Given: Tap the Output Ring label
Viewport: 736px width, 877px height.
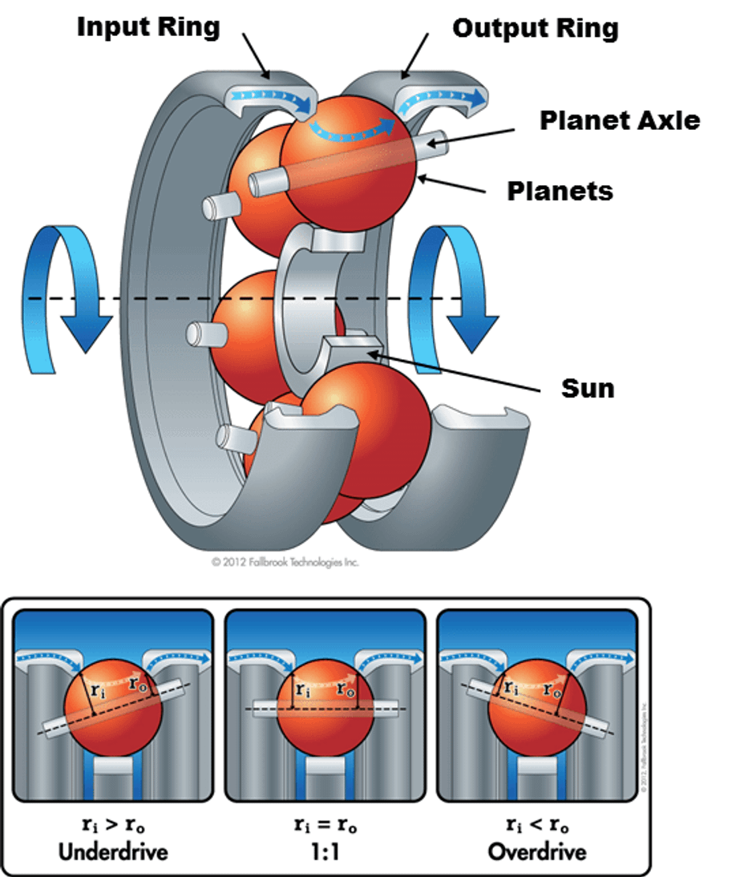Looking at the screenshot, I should tap(535, 29).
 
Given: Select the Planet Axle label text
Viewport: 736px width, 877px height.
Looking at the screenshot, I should tap(619, 120).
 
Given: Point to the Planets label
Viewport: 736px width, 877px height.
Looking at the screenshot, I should tap(560, 191).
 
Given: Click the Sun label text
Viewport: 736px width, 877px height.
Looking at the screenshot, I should tap(587, 389).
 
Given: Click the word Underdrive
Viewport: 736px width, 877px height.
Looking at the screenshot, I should tap(113, 850).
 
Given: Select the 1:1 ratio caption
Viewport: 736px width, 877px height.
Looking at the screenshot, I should tap(325, 850).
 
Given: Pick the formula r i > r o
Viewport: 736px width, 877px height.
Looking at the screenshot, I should tap(113, 823).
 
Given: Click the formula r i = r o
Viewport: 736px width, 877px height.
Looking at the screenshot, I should tap(325, 823).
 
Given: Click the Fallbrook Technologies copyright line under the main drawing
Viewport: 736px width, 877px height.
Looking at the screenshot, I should tap(285, 562).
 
